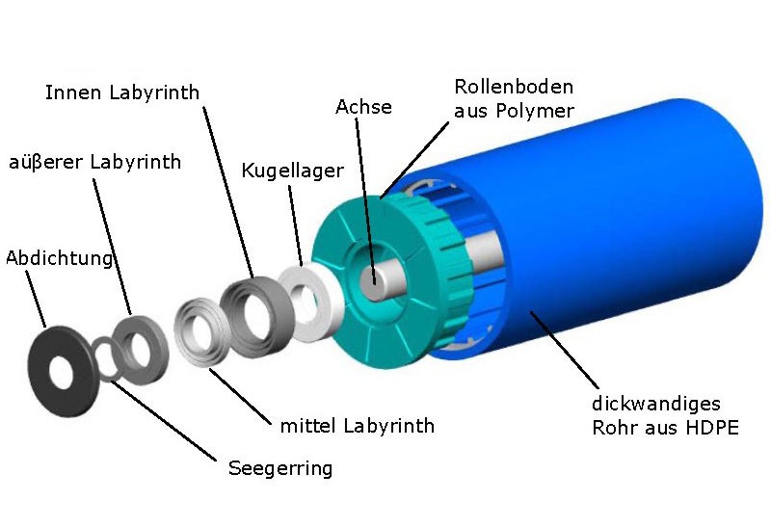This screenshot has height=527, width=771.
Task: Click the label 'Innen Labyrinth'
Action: coord(121,93)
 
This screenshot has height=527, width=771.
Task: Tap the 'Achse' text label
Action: coord(363,107)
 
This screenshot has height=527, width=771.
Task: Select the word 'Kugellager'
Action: coord(292,171)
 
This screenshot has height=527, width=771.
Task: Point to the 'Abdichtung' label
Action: coord(60,258)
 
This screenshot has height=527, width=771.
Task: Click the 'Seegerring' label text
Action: coord(279,469)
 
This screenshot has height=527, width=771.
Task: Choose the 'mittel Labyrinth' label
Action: coord(357,425)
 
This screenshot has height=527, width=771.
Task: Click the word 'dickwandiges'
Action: coord(655,403)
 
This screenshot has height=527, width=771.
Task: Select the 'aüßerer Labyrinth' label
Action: coord(93,162)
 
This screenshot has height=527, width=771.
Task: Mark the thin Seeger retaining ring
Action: coord(101,361)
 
